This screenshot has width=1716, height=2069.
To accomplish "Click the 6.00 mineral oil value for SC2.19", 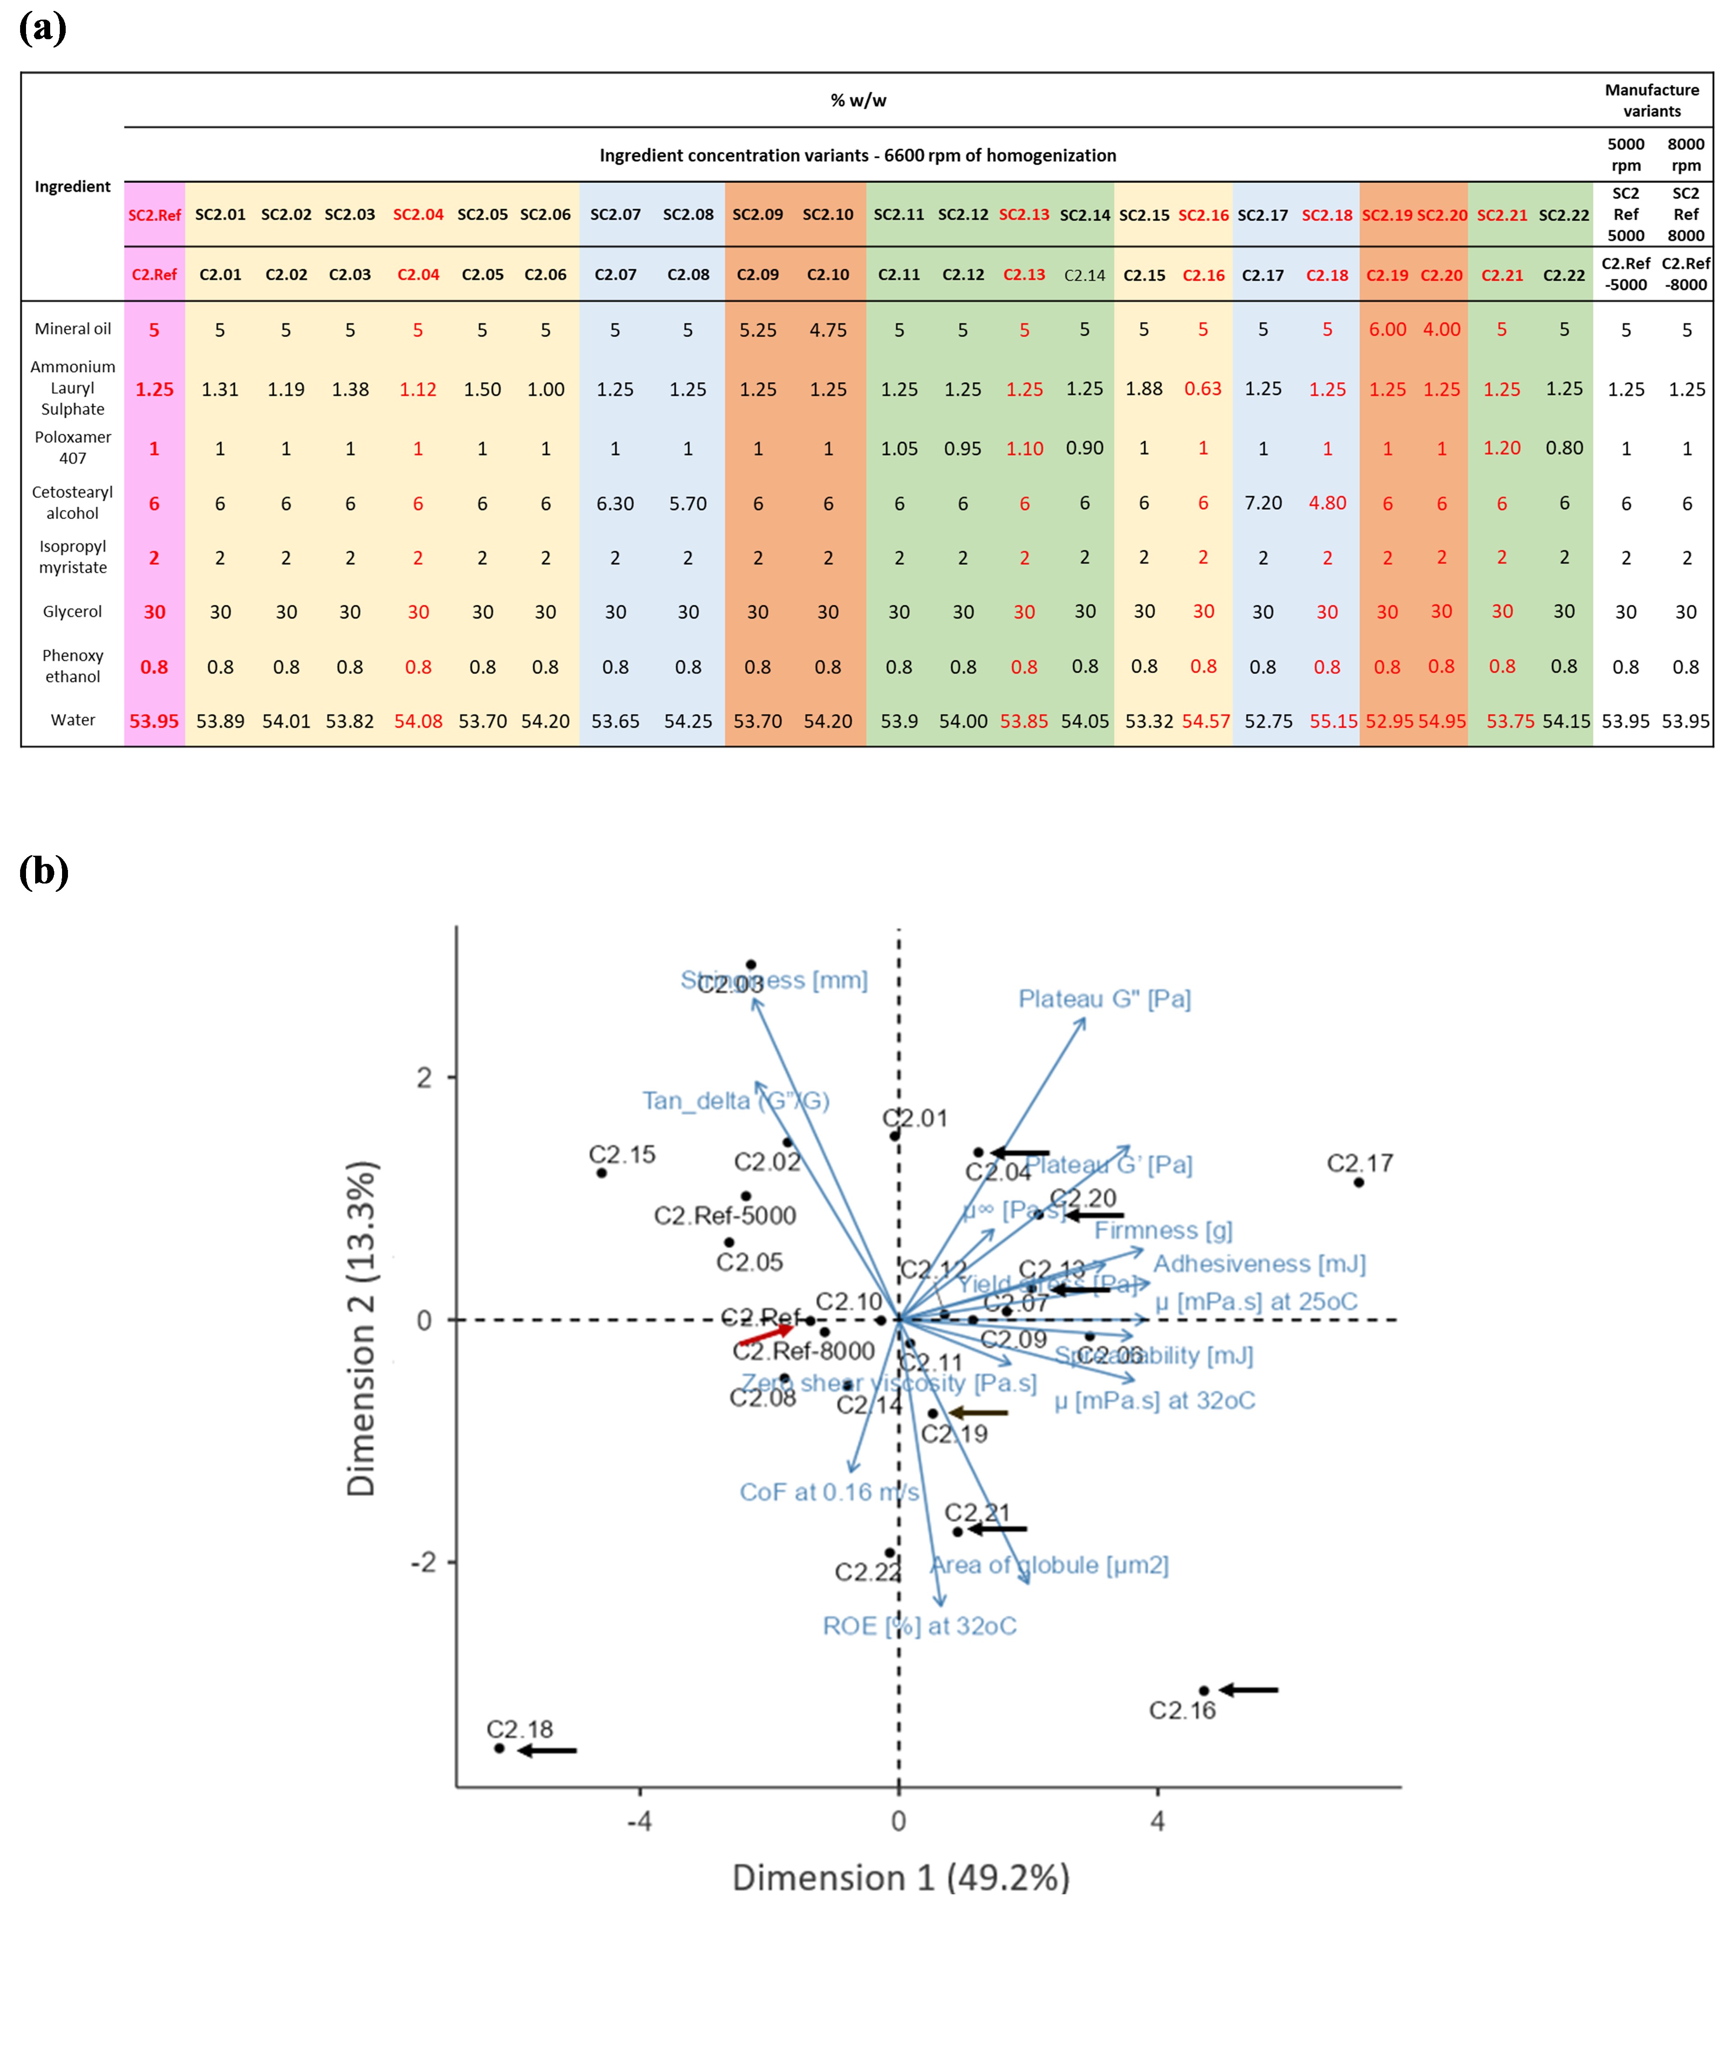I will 1387,329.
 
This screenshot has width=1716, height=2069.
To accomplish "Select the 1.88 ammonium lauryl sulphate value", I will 1143,388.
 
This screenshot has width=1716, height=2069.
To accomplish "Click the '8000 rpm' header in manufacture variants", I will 1685,155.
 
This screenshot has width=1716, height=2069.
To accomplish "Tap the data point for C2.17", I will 1358,1182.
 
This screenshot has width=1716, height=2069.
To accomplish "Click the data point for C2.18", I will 500,1748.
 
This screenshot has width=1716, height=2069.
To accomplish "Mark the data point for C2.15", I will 601,1172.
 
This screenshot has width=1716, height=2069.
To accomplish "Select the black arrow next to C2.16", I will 1249,1690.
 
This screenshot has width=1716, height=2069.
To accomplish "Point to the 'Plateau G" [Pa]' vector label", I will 1104,999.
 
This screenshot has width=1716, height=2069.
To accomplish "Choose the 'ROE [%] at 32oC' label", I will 918,1626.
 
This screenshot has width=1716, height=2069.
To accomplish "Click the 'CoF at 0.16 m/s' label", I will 828,1492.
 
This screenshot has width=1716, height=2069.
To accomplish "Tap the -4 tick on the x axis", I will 640,1821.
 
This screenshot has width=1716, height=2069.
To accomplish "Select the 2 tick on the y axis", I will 424,1077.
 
